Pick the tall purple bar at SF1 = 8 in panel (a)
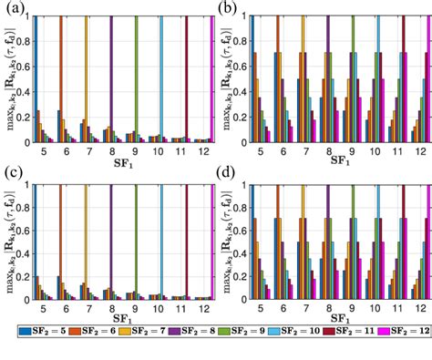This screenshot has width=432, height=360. (111, 82)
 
